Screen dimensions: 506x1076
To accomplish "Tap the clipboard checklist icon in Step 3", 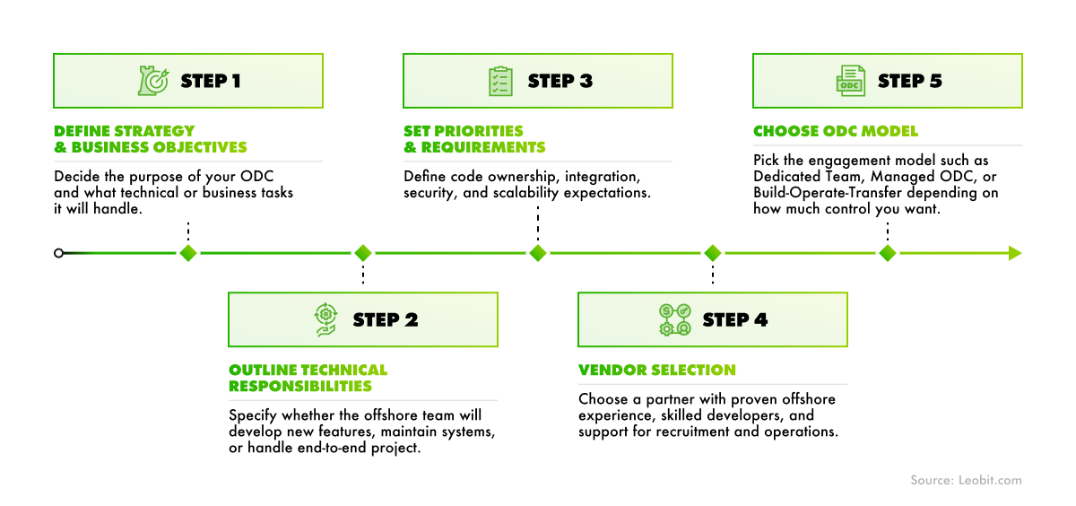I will tap(500, 81).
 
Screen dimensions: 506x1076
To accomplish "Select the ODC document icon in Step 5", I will tap(850, 81).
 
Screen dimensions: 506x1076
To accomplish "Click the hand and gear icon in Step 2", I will tap(325, 319).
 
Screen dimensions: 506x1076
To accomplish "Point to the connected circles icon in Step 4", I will tap(675, 319).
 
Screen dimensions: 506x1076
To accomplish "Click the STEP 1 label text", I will tap(211, 81).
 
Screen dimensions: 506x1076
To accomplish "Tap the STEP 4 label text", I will tap(735, 319).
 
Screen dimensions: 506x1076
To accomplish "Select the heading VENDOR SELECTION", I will tap(656, 370).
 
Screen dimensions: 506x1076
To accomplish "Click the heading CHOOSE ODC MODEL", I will tap(836, 131).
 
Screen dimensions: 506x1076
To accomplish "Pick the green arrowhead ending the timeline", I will tap(1014, 253).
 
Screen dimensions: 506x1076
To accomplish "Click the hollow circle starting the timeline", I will tap(58, 253).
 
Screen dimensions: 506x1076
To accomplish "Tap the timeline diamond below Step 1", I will tap(187, 253).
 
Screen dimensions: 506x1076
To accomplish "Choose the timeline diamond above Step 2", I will tap(362, 253).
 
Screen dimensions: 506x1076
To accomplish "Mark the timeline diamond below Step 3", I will tap(537, 253).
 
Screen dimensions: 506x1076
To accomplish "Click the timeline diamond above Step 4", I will tap(712, 253).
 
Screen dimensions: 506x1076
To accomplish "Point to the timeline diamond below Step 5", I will tap(887, 253).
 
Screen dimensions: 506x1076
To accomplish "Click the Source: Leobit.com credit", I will tap(966, 481).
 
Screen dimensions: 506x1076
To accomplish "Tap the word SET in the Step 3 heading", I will tap(418, 131).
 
